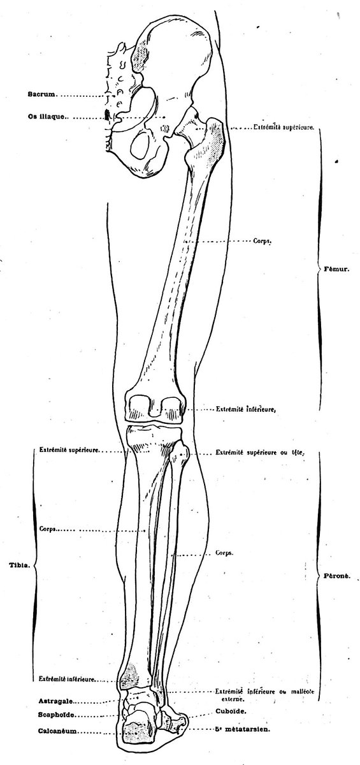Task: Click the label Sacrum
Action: coord(41,94)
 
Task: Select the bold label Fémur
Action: coord(336,269)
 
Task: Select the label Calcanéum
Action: coord(57,730)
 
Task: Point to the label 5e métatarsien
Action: coord(243,728)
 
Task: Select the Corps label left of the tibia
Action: coord(48,529)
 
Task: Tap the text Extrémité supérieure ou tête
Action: coord(259,453)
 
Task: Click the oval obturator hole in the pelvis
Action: coord(140,145)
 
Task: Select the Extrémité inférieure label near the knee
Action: coord(245,409)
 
